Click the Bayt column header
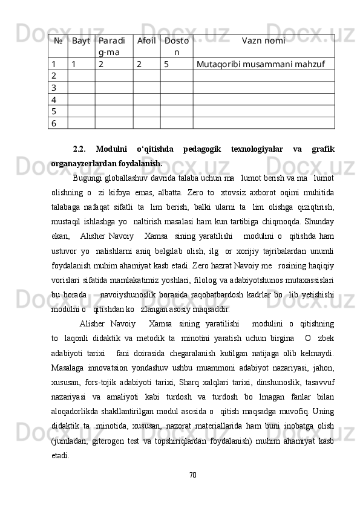80,41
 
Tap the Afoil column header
146,41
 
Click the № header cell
59,41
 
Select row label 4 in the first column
54,99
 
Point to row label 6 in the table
54,123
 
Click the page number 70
193,473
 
